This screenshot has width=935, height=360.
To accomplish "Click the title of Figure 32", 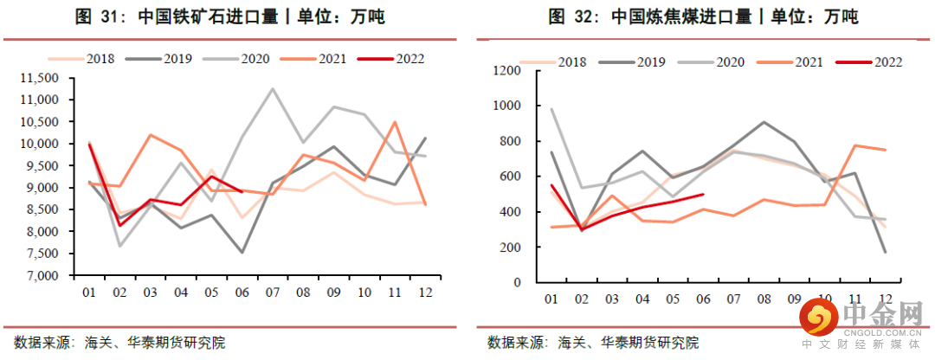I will [703, 16].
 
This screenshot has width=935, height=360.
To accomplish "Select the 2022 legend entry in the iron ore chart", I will [404, 59].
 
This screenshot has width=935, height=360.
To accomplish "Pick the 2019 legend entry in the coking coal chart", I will [641, 61].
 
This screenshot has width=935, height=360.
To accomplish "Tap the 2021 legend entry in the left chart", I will [326, 59].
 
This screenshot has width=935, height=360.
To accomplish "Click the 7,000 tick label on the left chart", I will [40, 276].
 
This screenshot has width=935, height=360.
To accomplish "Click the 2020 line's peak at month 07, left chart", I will [274, 88].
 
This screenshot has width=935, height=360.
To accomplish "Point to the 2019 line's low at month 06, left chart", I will [242, 253].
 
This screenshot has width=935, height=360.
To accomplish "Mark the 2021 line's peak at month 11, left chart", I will [396, 122].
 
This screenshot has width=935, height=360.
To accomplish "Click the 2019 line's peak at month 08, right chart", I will [763, 122].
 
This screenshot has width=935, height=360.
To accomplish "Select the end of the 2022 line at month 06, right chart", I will [703, 195].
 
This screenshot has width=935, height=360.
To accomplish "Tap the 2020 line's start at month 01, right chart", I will [551, 109].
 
